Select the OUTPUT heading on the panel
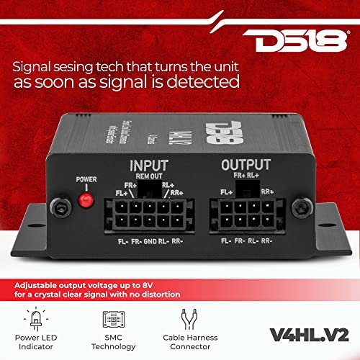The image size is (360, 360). [x=247, y=166]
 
